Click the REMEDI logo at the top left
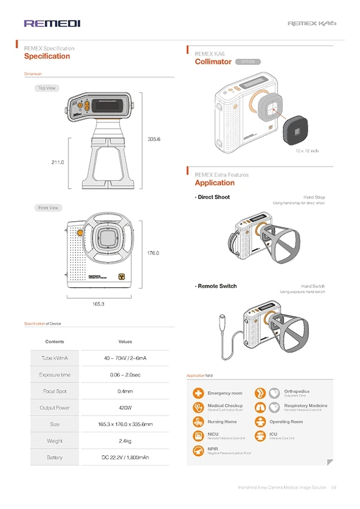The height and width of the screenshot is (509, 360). (52, 23)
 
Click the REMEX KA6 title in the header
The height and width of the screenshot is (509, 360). (312, 24)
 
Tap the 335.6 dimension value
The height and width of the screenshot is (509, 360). (154, 139)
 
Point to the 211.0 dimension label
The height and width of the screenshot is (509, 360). (57, 163)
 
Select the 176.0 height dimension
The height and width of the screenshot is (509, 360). (153, 253)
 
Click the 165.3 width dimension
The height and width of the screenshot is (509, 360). (98, 304)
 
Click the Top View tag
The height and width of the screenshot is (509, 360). (46, 88)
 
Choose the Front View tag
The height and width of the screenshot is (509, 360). (49, 208)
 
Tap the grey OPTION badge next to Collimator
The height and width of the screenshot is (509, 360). (248, 62)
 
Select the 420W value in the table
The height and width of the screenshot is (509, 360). (125, 407)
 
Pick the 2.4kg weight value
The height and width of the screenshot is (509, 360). (125, 441)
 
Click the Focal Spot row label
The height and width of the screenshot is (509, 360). (56, 391)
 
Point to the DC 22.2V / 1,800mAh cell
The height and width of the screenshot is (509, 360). (125, 458)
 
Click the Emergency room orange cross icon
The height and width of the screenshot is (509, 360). (199, 393)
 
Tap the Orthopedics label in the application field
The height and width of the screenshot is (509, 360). (297, 391)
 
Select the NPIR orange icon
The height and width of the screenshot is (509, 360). (199, 450)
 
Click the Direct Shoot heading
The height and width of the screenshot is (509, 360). (213, 197)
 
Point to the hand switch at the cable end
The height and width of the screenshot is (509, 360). (223, 320)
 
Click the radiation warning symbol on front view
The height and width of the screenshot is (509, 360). (122, 277)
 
